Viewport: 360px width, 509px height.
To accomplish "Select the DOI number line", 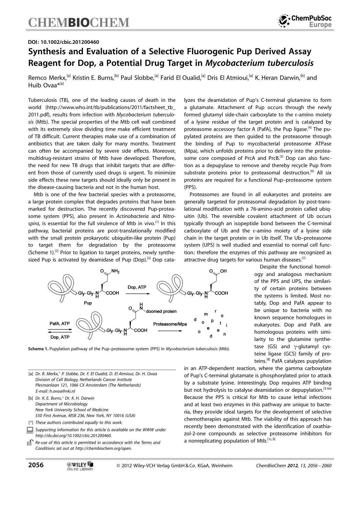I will (x=64, y=42).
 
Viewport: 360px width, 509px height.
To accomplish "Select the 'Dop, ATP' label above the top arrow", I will (x=137, y=287).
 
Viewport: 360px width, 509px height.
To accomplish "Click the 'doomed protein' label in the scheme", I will (x=161, y=311).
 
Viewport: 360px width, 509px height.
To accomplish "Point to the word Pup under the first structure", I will (x=88, y=303).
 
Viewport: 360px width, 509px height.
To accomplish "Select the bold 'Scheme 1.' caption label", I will (x=38, y=349).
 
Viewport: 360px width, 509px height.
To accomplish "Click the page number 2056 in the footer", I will (x=36, y=465).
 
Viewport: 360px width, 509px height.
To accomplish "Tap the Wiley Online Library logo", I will (x=80, y=466).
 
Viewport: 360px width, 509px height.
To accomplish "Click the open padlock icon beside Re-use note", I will (x=30, y=443).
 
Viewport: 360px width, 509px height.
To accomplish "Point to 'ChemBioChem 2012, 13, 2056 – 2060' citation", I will (x=294, y=466).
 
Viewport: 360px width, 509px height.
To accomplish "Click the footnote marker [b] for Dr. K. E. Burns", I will (x=30, y=398).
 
